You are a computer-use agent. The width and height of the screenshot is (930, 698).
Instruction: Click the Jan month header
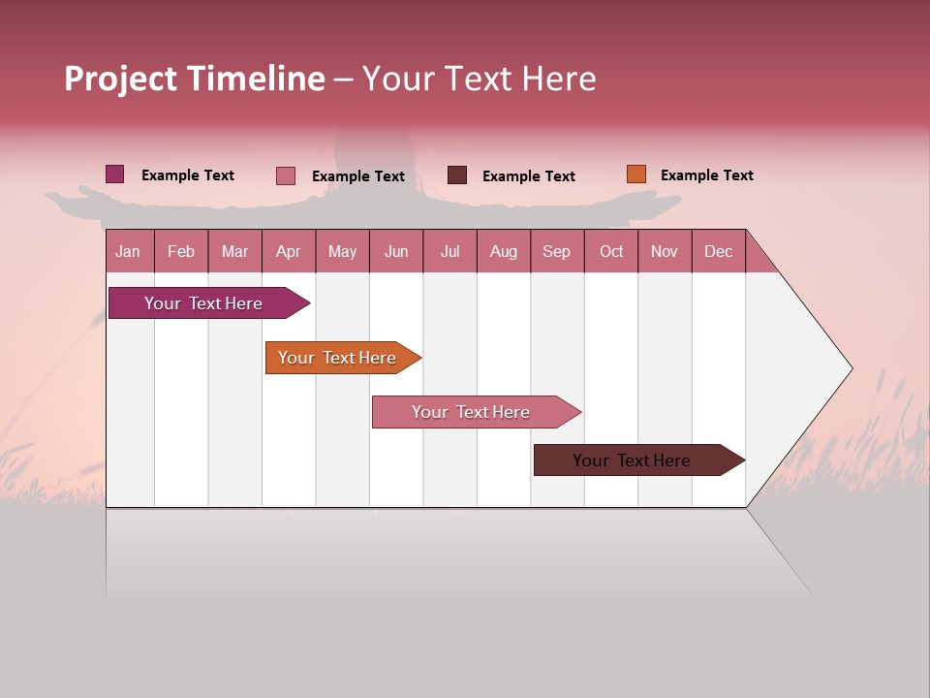click(x=129, y=251)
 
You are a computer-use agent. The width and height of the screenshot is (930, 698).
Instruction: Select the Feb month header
click(x=181, y=251)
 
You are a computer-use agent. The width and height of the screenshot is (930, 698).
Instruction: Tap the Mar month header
click(x=234, y=251)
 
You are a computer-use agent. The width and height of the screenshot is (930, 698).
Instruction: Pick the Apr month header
click(x=289, y=251)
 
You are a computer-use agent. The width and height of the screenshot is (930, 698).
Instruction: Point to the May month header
click(x=342, y=251)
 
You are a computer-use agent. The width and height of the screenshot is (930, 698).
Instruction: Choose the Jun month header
click(x=396, y=251)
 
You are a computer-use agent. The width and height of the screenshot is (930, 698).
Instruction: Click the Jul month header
click(x=449, y=251)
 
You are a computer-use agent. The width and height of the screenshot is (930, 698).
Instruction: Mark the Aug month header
click(x=504, y=251)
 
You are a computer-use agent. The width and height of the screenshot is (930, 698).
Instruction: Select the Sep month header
click(x=557, y=251)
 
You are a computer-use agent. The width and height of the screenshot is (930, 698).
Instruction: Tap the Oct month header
click(x=611, y=251)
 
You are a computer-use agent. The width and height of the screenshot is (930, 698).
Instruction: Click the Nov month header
click(x=665, y=251)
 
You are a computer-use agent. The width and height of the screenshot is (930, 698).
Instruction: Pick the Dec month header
click(x=719, y=251)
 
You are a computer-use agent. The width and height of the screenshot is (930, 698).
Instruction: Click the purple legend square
click(x=115, y=174)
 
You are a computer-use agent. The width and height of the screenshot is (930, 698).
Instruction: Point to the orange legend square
click(x=635, y=174)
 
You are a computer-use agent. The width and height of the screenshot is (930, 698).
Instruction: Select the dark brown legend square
click(x=457, y=175)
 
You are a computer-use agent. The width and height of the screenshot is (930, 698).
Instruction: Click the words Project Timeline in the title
click(x=195, y=79)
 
